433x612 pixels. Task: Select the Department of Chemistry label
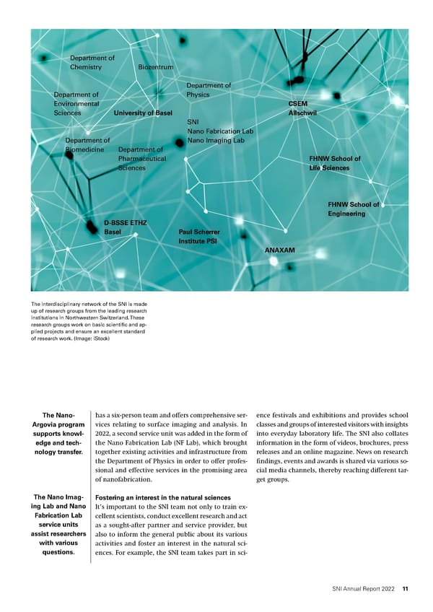(x=92, y=62)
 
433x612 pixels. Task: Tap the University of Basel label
(x=143, y=113)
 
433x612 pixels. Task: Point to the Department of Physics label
(x=208, y=90)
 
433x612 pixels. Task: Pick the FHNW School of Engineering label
(x=353, y=209)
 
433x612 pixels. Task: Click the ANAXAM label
(x=285, y=250)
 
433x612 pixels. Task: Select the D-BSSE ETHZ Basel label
(x=125, y=227)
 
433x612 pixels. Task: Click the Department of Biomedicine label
(x=86, y=145)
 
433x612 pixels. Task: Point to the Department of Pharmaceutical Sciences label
(x=141, y=159)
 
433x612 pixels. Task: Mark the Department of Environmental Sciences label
(x=76, y=103)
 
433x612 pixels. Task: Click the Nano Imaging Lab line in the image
(x=215, y=141)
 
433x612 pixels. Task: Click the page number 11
(x=406, y=589)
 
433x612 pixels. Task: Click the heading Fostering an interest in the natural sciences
(x=162, y=498)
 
